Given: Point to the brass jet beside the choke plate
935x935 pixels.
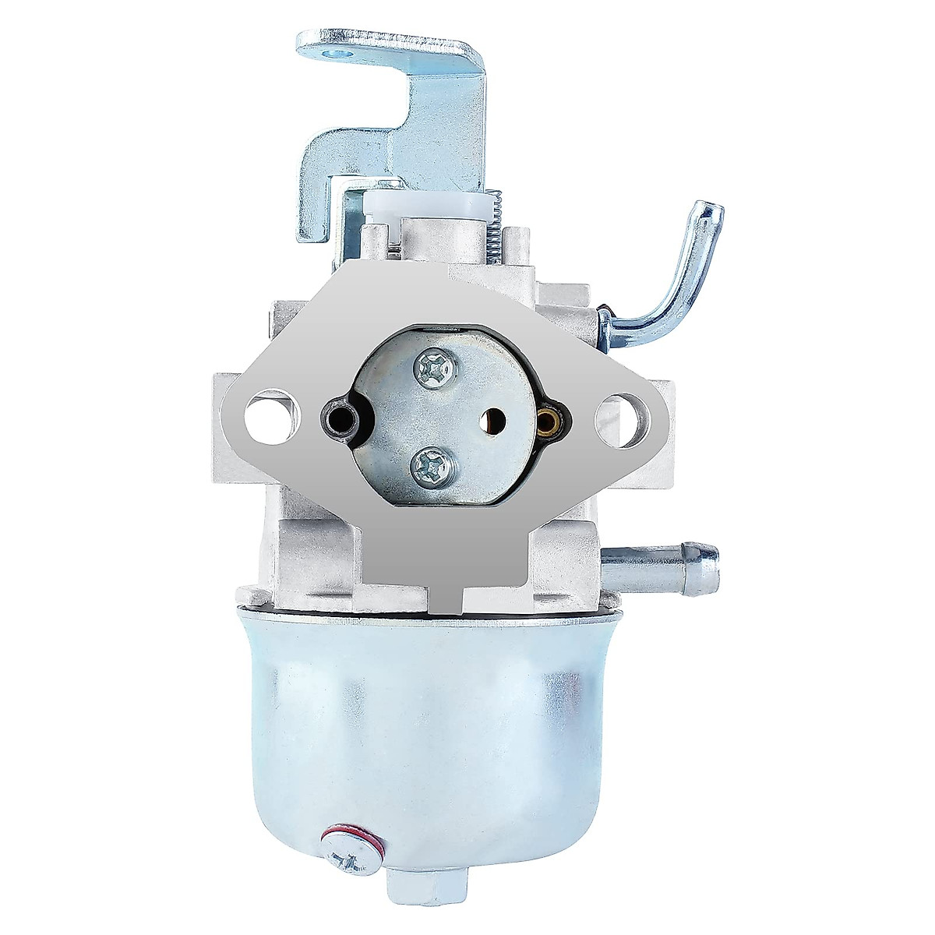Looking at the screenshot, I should pos(545,421).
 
